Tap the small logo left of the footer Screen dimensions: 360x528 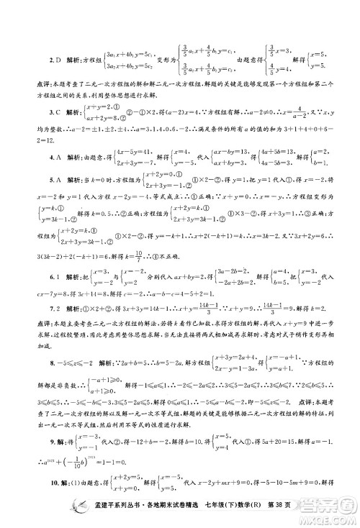click(x=42, y=514)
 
